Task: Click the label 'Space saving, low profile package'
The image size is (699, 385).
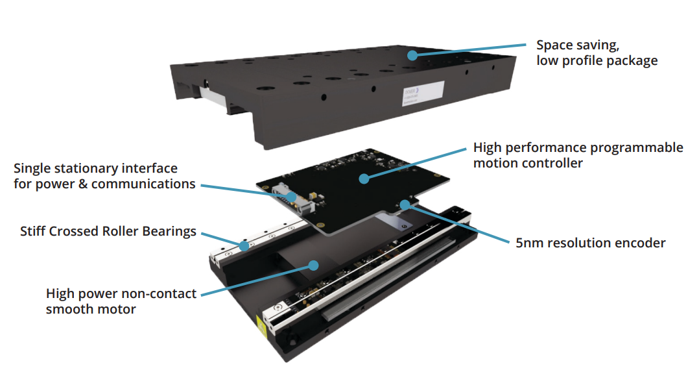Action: [x=597, y=53]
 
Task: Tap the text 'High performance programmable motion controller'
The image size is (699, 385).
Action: [x=578, y=155]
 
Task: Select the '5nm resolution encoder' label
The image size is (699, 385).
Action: [x=591, y=243]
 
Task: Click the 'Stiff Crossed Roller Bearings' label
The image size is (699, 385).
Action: [x=108, y=232]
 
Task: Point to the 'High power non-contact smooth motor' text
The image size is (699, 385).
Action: [x=121, y=301]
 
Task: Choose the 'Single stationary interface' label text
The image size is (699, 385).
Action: [x=95, y=169]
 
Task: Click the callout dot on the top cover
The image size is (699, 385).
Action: [x=412, y=56]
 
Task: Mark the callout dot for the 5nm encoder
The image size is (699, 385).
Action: [x=405, y=205]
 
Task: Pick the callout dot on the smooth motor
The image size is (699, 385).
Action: [x=313, y=264]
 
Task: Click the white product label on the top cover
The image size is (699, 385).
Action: [x=420, y=93]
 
